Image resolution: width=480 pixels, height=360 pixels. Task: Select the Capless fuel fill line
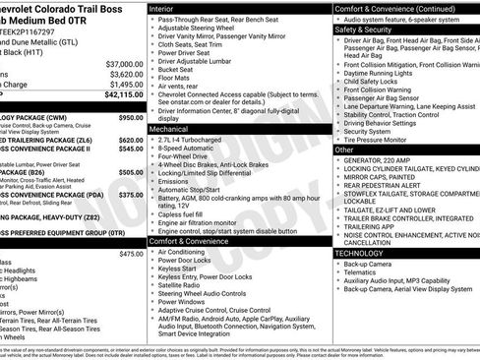[x=182, y=213]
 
